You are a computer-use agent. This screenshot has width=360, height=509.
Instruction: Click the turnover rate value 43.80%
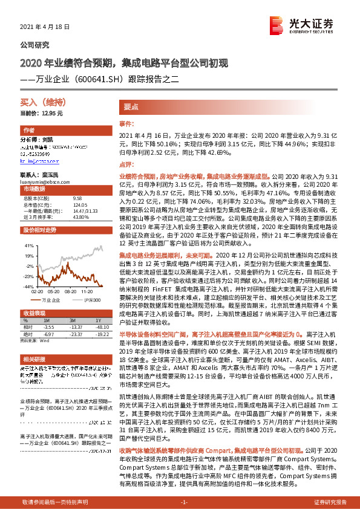81,216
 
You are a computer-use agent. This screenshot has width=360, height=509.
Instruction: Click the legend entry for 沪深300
91,299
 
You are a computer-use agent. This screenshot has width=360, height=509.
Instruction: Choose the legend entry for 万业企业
51,299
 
